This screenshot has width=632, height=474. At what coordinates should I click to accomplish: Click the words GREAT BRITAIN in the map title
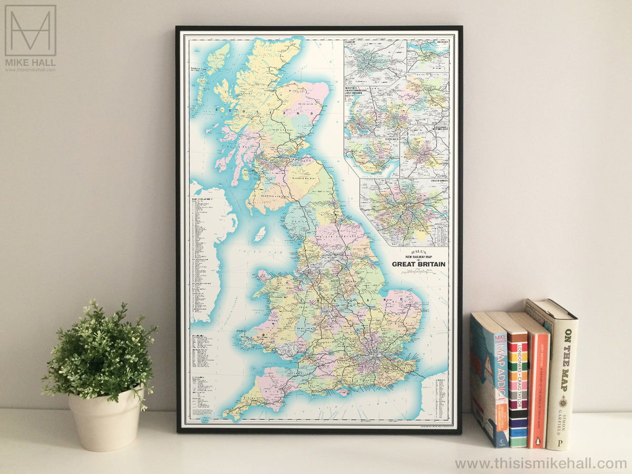point(419,264)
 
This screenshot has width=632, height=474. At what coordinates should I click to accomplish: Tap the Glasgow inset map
point(375,62)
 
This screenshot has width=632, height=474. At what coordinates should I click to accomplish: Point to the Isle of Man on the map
point(260,233)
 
